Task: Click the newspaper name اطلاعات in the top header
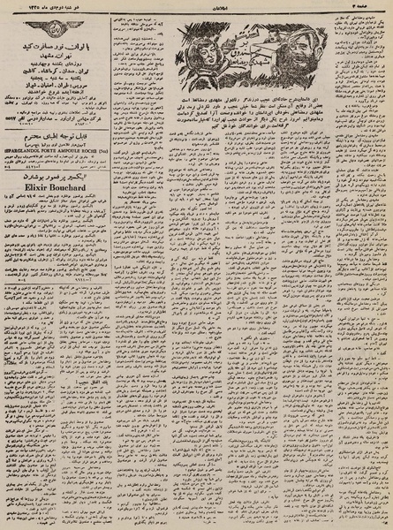click(x=196, y=7)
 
